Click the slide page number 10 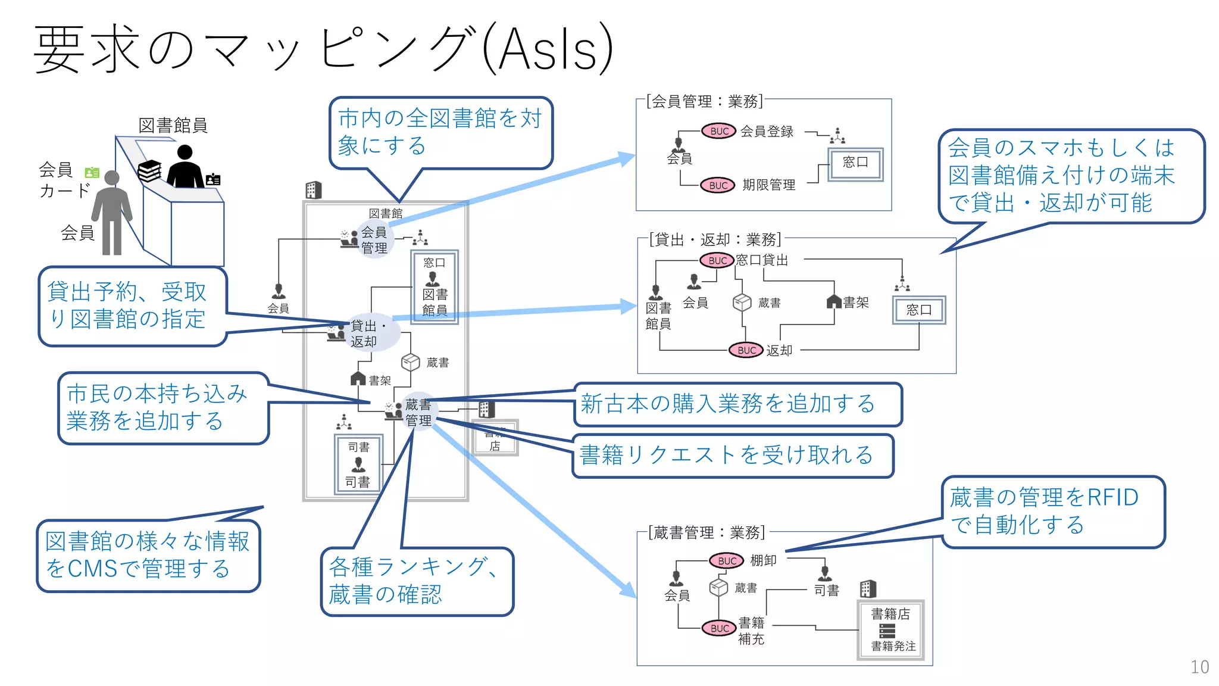click(1199, 666)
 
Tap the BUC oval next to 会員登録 click(719, 131)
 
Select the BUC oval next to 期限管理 click(718, 185)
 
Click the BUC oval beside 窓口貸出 click(717, 260)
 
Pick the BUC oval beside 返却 click(746, 350)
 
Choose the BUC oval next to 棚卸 click(727, 560)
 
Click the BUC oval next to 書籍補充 click(720, 628)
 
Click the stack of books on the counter click(149, 171)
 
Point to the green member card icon click(92, 173)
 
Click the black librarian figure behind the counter click(185, 168)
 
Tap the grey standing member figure click(111, 211)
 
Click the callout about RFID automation click(1052, 511)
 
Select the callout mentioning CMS click(148, 555)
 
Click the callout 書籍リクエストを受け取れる click(732, 456)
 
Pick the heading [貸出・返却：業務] click(714, 239)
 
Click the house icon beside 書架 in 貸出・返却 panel click(834, 302)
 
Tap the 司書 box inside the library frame click(358, 464)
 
